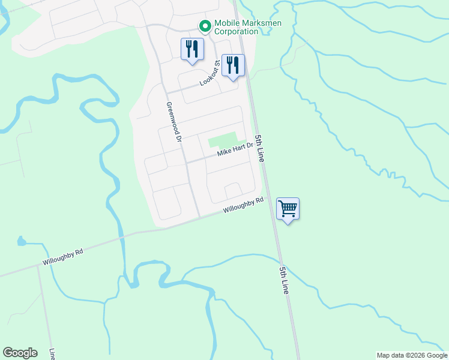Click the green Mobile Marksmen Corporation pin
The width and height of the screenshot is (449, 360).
(204, 26)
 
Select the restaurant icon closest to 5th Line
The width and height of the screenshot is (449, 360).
(233, 65)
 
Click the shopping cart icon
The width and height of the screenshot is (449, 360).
(288, 209)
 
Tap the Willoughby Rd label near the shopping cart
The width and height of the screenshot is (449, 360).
(243, 205)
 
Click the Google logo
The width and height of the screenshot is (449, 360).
(20, 353)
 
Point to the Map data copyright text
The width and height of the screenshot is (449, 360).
(412, 355)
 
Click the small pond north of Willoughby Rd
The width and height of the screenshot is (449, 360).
(22, 242)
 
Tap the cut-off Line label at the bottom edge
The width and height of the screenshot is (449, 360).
(53, 354)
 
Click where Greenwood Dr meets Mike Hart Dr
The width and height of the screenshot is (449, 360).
(186, 162)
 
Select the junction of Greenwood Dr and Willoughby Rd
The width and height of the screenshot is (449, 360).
(199, 217)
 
